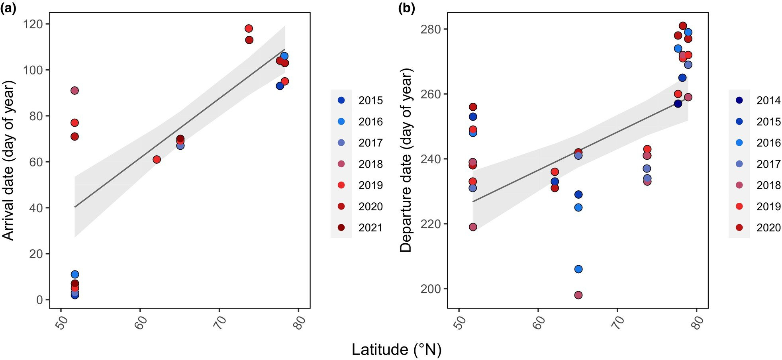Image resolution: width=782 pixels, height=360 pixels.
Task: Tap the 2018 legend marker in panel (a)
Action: [341, 164]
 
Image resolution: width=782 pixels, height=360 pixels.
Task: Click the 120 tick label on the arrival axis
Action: [33, 24]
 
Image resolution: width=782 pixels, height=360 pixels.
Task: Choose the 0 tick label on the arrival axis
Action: [39, 300]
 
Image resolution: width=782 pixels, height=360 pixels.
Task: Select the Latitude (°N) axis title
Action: [396, 350]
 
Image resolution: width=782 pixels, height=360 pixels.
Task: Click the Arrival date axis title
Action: [9, 160]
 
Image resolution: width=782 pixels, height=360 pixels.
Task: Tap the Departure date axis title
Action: [406, 160]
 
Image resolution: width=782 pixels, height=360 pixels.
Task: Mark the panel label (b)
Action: [406, 8]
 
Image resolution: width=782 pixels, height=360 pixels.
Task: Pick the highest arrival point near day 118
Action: [249, 29]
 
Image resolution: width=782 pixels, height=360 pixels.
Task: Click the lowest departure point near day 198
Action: [578, 295]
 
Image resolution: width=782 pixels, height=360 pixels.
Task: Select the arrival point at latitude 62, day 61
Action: [157, 160]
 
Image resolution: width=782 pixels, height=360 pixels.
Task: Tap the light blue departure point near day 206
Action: [578, 269]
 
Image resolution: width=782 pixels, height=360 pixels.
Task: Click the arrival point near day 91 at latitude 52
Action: [74, 91]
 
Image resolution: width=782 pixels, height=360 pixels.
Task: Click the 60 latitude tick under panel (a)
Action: [140, 322]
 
